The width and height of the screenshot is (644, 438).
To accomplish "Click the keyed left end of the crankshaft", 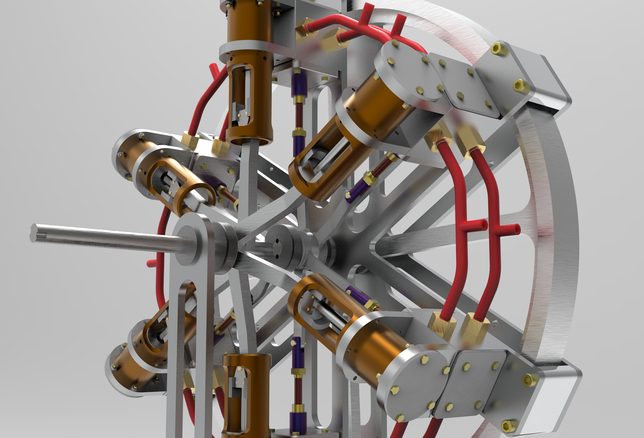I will tap(34, 233).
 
